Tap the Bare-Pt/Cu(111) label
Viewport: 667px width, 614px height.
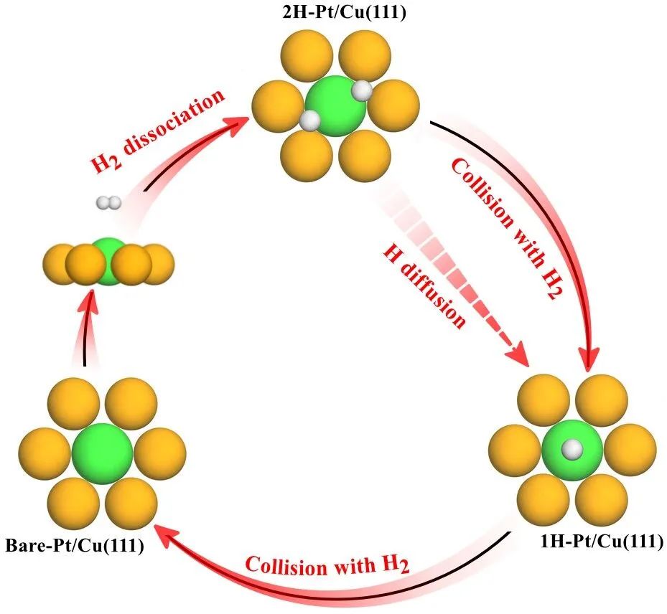point(75,546)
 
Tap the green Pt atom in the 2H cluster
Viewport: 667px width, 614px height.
point(335,106)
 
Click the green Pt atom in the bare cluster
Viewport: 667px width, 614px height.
point(102,453)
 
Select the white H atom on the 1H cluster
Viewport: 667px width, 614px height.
point(572,449)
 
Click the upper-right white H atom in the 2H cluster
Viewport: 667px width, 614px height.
point(363,90)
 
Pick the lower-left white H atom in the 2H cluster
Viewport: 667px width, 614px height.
point(309,121)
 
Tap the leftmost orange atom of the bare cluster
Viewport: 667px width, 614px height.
point(40,453)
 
